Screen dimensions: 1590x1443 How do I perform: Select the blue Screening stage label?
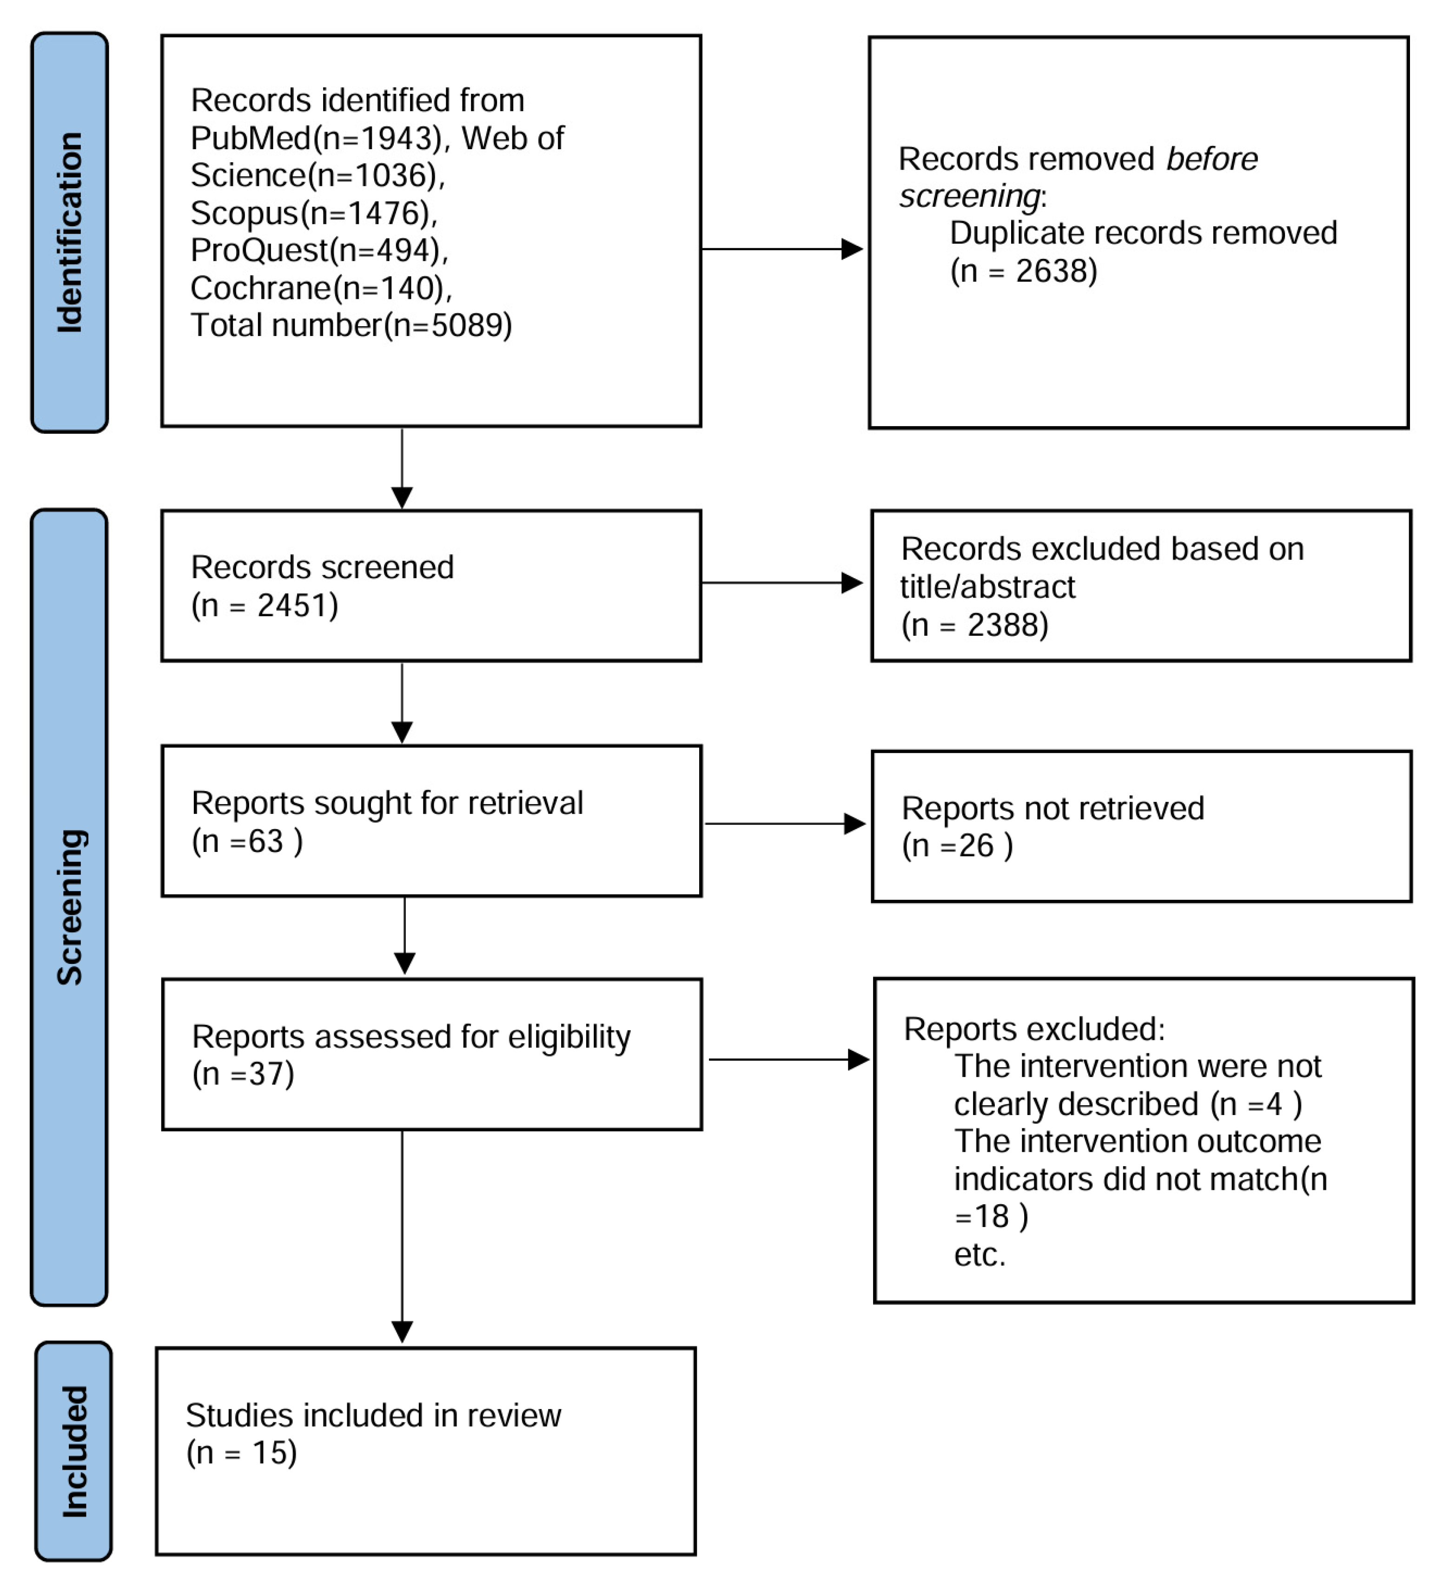[69, 907]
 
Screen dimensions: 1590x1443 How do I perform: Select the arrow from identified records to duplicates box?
[781, 249]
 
